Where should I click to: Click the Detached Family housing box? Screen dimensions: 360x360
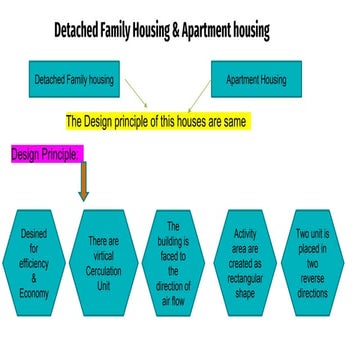[75, 78]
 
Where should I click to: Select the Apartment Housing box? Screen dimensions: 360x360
[257, 78]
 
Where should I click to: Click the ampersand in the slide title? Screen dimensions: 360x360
[185, 30]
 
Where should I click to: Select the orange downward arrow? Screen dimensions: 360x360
[84, 182]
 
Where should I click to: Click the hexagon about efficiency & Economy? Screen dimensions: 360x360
[33, 263]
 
